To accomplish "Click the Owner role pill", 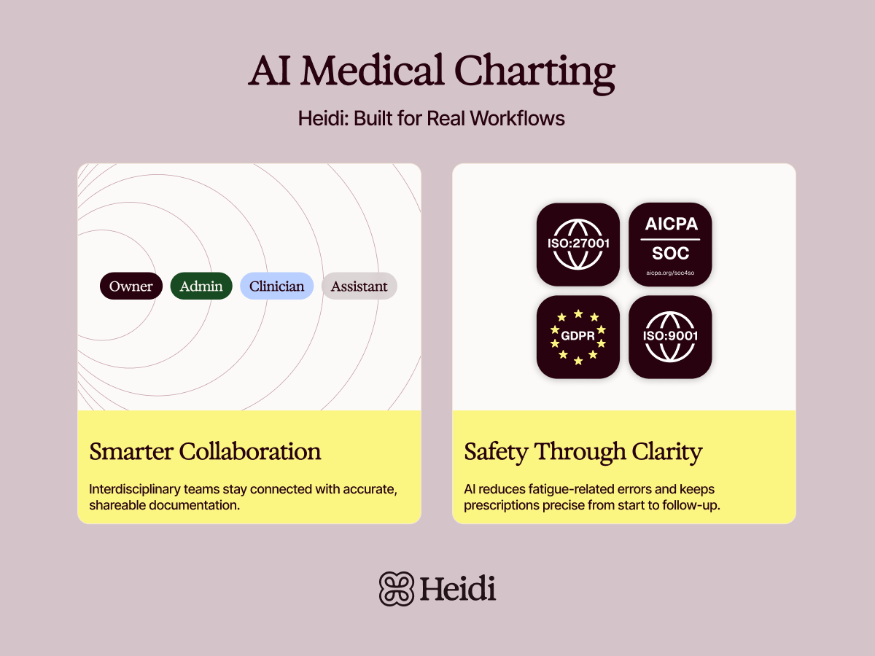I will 131,286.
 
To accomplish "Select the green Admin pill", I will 201,286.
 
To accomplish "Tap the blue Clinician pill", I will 277,286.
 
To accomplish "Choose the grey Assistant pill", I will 359,286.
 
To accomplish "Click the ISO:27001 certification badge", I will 578,244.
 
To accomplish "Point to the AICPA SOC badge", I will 670,244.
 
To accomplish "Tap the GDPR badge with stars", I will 578,337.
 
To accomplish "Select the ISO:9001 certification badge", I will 670,337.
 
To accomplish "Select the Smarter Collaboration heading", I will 205,452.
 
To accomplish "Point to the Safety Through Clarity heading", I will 583,452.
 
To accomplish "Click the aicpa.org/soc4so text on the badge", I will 670,273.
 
